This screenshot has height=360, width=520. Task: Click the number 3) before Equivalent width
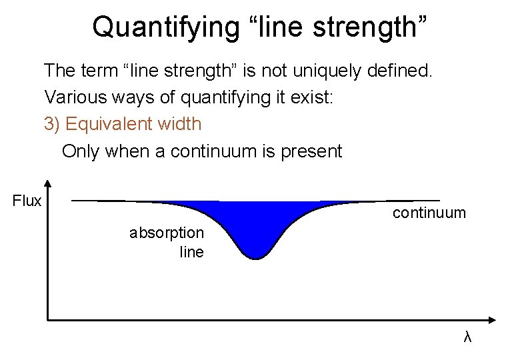(53, 124)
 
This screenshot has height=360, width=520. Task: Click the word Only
(79, 151)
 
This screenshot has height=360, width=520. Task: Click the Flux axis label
(27, 201)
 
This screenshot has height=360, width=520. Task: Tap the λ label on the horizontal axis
(467, 337)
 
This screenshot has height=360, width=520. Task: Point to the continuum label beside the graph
(429, 213)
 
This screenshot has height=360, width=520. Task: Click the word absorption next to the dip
(167, 233)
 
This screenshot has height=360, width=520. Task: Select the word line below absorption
(192, 252)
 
